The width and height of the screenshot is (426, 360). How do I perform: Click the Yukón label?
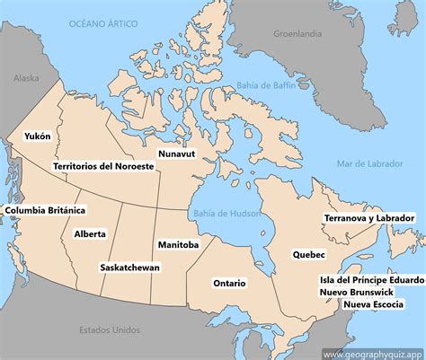point(37,136)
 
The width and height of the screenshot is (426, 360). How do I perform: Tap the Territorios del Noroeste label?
point(103,166)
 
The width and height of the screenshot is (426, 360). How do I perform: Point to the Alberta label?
point(90,233)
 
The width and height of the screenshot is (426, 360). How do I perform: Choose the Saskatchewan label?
point(130,268)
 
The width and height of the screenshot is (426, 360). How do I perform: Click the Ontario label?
point(229,283)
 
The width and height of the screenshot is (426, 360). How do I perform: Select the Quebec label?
point(308,254)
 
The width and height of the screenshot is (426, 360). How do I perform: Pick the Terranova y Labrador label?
point(369,218)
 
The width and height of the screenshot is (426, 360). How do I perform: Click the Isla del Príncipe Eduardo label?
point(371,279)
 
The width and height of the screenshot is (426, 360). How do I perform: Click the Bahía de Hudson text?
point(226,213)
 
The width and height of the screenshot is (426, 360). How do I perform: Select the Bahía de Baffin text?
point(266,86)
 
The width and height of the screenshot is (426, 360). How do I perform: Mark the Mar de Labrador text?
point(370,162)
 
